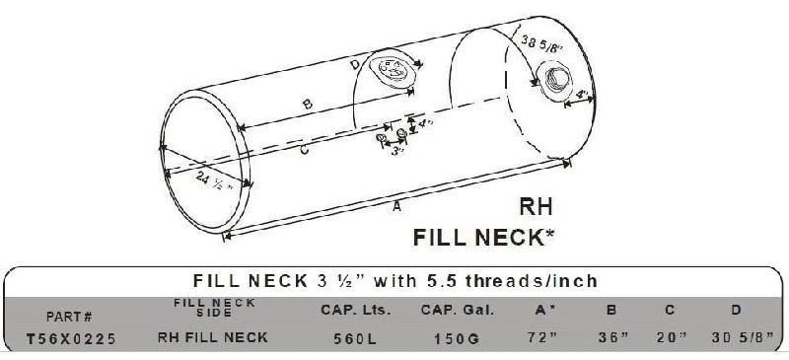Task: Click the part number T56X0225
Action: click(71, 338)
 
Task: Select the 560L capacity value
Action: click(355, 339)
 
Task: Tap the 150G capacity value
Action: click(457, 339)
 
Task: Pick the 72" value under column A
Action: click(540, 338)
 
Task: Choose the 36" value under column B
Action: click(613, 338)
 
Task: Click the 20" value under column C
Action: click(672, 338)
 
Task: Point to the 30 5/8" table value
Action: click(743, 338)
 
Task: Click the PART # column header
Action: click(69, 317)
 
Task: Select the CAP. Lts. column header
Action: click(356, 310)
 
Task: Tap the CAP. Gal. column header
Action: click(458, 310)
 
